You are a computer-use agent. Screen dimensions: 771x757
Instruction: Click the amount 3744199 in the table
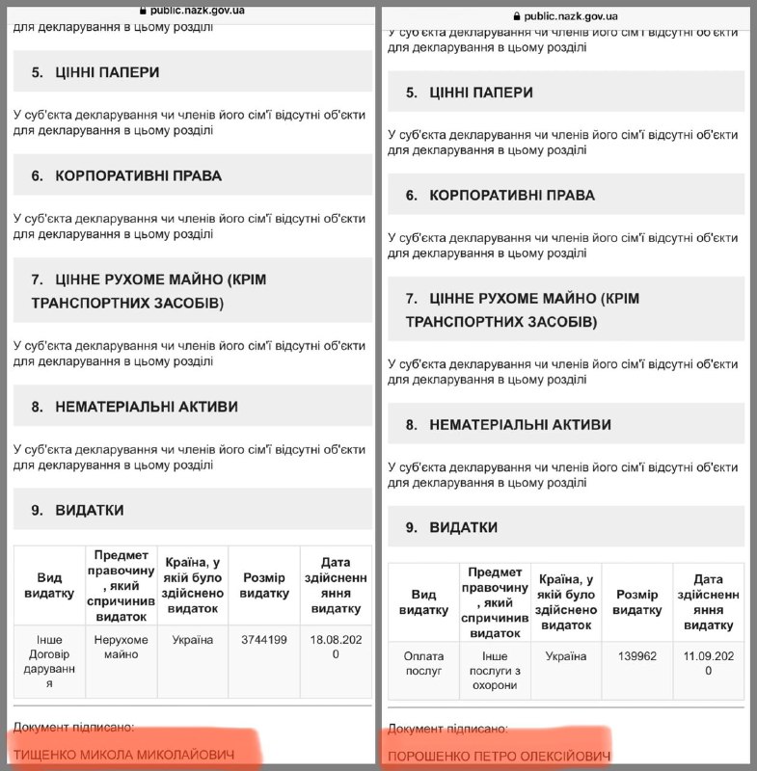tap(264, 640)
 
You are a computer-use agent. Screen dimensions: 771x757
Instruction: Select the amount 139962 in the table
tap(636, 657)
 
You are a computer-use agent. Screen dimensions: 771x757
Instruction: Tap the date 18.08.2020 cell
tap(336, 647)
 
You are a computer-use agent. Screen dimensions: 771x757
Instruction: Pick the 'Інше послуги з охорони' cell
tap(495, 671)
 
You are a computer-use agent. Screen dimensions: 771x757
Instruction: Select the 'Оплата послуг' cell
tap(423, 664)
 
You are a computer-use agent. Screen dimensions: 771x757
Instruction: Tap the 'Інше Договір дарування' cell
tap(49, 661)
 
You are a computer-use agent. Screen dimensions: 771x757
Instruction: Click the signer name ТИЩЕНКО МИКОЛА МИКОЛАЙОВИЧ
tap(123, 752)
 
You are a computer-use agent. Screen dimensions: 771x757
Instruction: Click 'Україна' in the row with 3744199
tap(193, 640)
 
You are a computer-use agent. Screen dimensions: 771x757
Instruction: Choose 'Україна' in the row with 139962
tap(565, 657)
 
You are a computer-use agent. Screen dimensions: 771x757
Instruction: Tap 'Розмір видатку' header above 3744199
tap(264, 585)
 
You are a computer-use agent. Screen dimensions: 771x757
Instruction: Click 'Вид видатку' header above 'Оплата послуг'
tap(423, 602)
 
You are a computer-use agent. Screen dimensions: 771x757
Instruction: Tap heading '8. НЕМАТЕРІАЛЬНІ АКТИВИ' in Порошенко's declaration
tap(507, 425)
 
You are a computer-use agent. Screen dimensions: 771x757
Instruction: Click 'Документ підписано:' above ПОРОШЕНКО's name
tap(447, 730)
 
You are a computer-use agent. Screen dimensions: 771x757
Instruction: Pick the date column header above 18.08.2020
tap(336, 585)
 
